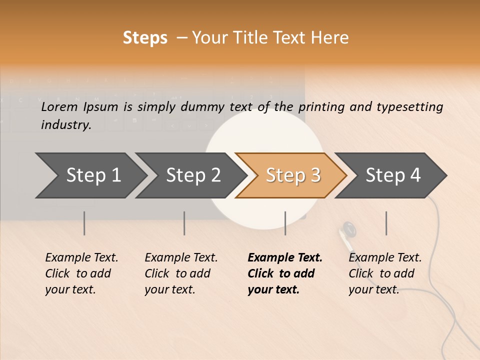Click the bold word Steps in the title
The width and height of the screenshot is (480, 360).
(145, 38)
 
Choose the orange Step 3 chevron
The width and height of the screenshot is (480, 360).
(292, 175)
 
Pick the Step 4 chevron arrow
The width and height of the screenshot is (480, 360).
(392, 175)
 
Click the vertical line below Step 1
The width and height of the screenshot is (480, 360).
(84, 223)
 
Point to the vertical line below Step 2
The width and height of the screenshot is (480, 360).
(184, 223)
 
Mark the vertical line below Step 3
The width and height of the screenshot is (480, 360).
(285, 223)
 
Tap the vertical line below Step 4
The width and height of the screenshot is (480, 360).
(386, 223)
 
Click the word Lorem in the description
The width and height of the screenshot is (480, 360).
(59, 106)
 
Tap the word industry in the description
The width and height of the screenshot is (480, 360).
(65, 125)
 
